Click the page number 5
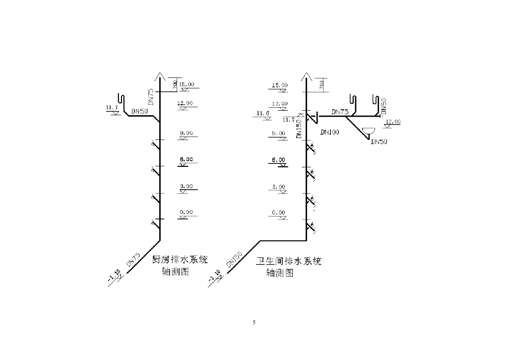coord(254,323)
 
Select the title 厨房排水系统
coord(179,260)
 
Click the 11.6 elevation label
coord(263,114)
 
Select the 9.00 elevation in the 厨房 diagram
coord(186,133)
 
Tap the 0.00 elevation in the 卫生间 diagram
coord(279,213)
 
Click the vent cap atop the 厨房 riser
coord(159,76)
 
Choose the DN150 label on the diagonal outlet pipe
coord(234,259)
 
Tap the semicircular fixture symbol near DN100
coord(369,132)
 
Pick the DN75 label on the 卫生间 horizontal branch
coord(340,112)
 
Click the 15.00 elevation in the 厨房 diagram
coord(187,84)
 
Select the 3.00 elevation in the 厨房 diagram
coord(186,186)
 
